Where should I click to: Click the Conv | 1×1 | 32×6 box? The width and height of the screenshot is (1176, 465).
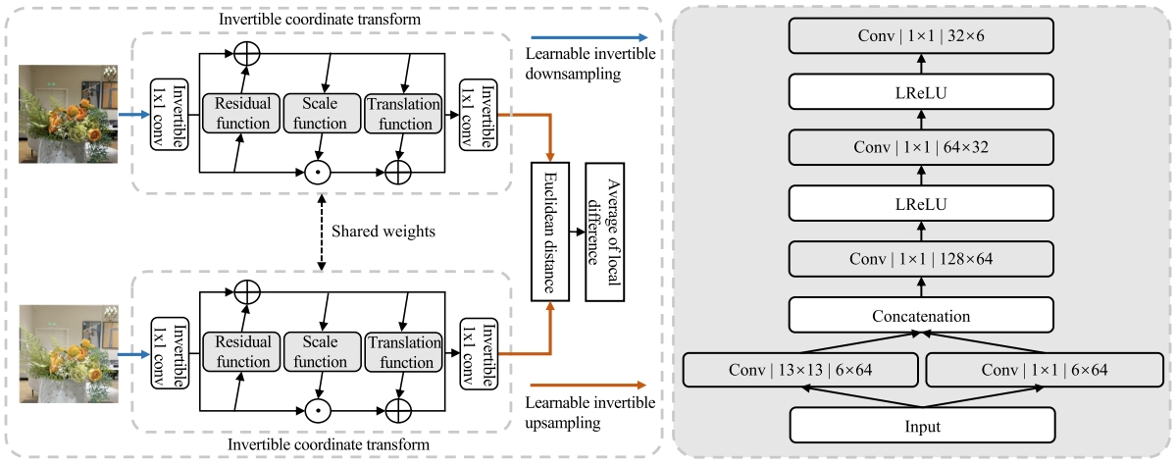922,35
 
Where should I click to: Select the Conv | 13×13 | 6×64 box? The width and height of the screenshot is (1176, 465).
800,371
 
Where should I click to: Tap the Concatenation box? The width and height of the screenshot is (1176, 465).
922,315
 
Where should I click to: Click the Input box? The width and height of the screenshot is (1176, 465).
922,426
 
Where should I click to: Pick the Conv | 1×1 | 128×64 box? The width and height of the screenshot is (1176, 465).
922,260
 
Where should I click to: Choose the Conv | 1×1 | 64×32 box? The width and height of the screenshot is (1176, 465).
922,148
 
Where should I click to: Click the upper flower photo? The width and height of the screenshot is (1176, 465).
75,114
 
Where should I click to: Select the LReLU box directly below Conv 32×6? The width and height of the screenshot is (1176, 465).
922,92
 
